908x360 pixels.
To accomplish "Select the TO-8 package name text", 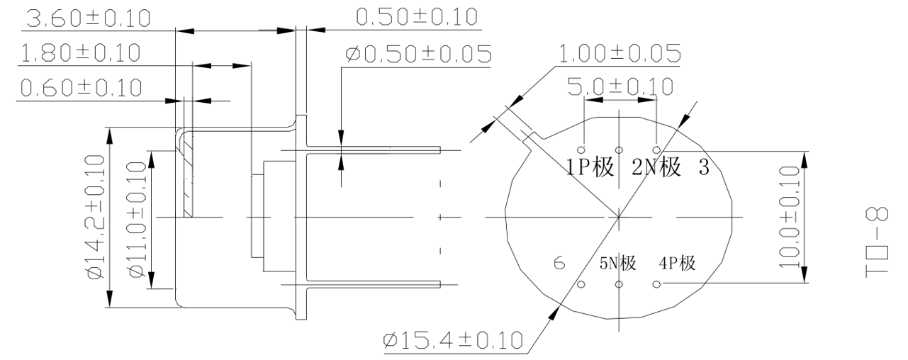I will tap(880, 239).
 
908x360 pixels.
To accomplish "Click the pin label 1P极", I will tap(590, 168).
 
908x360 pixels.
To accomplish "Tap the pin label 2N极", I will tap(656, 168).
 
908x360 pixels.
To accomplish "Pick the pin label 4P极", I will tap(678, 264).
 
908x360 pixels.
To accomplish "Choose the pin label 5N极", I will tap(617, 264).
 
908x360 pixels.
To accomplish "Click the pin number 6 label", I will tap(559, 264).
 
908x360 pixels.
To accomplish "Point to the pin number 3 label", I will tap(704, 168).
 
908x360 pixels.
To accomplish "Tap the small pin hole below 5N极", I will tap(619, 285).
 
